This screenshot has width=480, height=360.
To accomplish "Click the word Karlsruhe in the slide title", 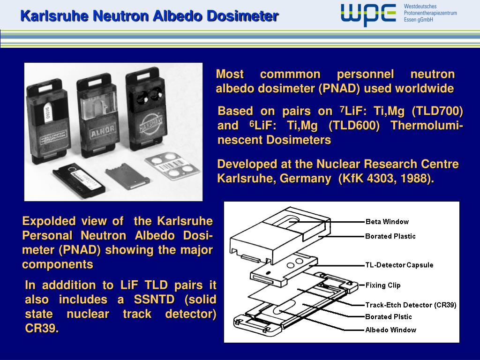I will pyautogui.click(x=54, y=16).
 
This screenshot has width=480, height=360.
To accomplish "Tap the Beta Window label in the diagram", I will pyautogui.click(x=387, y=222).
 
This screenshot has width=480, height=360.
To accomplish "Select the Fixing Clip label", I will pyautogui.click(x=383, y=285).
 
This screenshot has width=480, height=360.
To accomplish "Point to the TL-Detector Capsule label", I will pyautogui.click(x=399, y=265).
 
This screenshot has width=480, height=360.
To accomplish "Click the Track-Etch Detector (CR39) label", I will pyautogui.click(x=411, y=305).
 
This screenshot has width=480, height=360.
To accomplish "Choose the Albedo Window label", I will pyautogui.click(x=390, y=330).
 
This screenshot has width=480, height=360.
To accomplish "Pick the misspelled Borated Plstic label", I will pyautogui.click(x=389, y=317).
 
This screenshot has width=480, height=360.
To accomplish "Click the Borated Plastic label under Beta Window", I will pyautogui.click(x=390, y=236).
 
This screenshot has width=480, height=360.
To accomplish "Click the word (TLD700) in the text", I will pyautogui.click(x=437, y=112).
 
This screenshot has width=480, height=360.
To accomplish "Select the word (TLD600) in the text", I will pyautogui.click(x=354, y=126).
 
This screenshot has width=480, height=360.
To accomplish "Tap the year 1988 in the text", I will pyautogui.click(x=419, y=179).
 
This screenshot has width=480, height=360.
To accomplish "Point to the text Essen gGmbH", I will pyautogui.click(x=418, y=20).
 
